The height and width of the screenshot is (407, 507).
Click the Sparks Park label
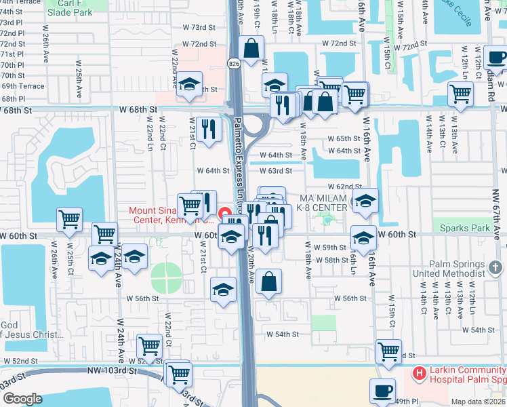pyautogui.click(x=464, y=228)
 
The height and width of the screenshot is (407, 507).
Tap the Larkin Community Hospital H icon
pyautogui.click(x=419, y=372)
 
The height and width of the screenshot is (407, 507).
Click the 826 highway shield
pyautogui.click(x=234, y=64)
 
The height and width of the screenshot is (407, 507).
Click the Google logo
pyautogui.click(x=22, y=399)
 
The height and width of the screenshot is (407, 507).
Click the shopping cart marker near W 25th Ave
pyautogui.click(x=69, y=219)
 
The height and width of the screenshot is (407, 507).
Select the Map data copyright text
pyautogui.click(x=478, y=402)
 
